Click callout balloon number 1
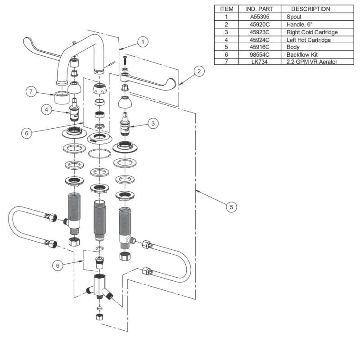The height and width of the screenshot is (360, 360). coord(142,42)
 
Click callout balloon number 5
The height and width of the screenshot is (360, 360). coord(231,207)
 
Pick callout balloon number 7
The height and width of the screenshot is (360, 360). coord(31,91)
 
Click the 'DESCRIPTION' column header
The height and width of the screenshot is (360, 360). coord(310,9)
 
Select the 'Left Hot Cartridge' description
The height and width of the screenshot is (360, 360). coord(308,40)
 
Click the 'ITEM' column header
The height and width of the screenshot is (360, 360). coord(227,9)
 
